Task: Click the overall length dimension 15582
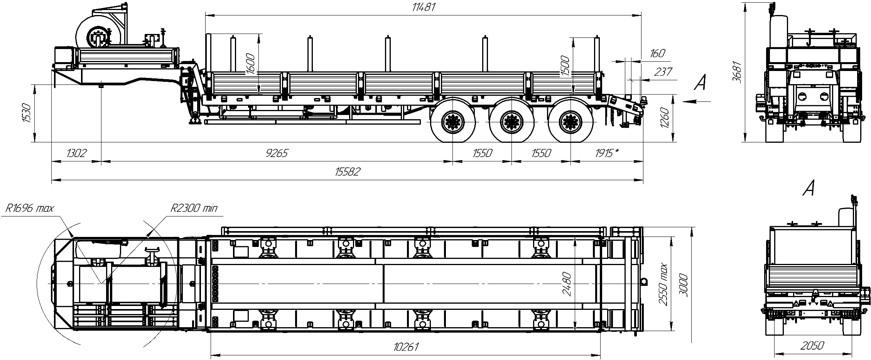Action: tap(348, 171)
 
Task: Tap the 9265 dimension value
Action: tap(277, 153)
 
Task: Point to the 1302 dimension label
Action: tap(76, 153)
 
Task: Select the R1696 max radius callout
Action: tap(30, 208)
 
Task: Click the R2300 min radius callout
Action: tap(194, 208)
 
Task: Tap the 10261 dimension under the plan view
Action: tap(406, 347)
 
